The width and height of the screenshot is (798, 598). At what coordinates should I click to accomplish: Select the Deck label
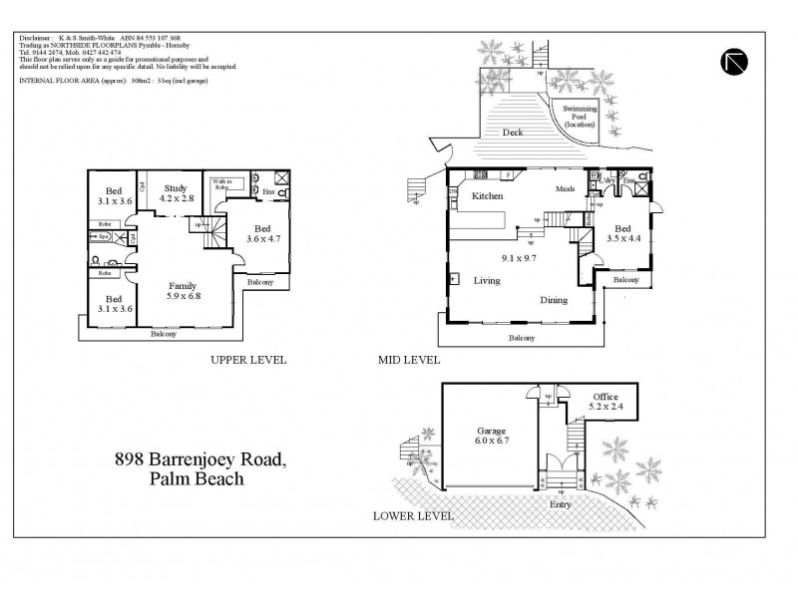pyautogui.click(x=512, y=132)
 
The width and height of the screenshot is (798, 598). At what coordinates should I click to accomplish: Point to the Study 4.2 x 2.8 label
pyautogui.click(x=177, y=193)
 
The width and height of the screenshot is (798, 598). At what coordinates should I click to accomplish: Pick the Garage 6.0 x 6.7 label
pyautogui.click(x=490, y=436)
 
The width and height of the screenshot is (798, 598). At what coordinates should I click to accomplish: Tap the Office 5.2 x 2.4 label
pyautogui.click(x=605, y=403)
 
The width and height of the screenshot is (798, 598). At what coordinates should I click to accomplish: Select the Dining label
pyautogui.click(x=554, y=300)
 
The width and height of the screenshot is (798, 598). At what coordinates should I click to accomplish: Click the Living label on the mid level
pyautogui.click(x=487, y=282)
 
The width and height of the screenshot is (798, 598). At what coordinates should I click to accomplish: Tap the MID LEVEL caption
pyautogui.click(x=409, y=361)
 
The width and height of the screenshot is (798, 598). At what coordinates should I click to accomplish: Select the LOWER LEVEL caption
pyautogui.click(x=412, y=516)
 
